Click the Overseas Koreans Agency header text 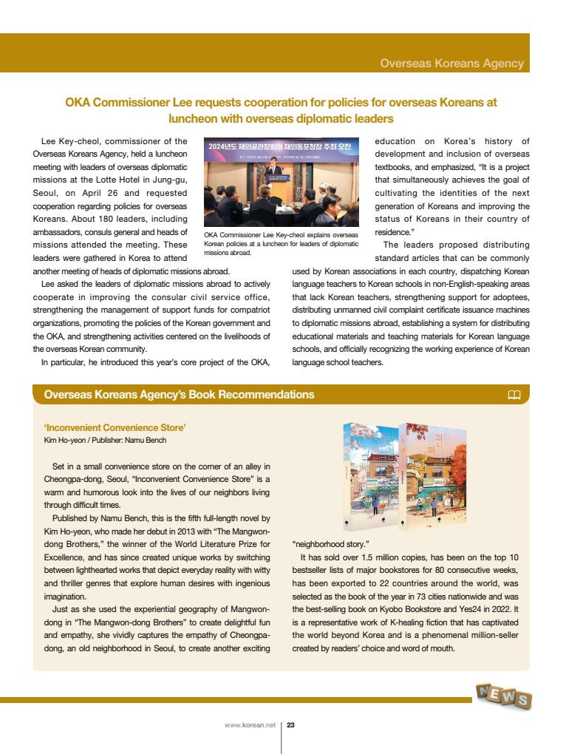[451, 64]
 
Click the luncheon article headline [281, 110]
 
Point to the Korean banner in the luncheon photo [281, 146]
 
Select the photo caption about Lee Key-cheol [281, 243]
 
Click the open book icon [514, 395]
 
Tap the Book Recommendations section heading [179, 395]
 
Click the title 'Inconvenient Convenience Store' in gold [115, 427]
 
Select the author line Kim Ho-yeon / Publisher [105, 440]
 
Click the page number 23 [290, 725]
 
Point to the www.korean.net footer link [250, 725]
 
